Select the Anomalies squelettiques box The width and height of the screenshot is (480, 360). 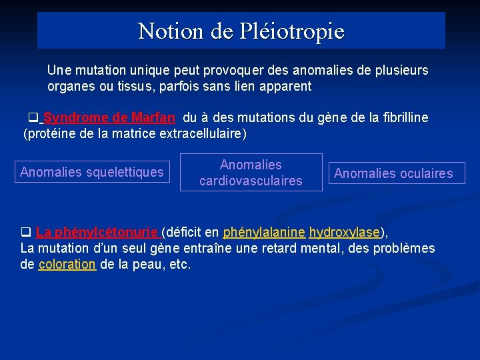tap(92, 173)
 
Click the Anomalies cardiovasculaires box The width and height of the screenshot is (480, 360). tap(251, 173)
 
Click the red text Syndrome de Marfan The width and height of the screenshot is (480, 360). tap(109, 118)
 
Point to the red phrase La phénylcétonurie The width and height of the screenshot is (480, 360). tap(97, 233)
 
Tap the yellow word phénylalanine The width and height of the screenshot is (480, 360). tap(264, 233)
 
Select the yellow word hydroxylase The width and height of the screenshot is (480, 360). tap(345, 233)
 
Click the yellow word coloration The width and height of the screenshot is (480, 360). tap(67, 265)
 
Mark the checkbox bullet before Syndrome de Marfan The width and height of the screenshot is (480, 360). tap(31, 118)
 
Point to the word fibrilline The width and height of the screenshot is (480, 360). tap(401, 118)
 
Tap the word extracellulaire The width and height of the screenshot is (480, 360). tap(197, 134)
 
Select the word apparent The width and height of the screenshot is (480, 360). tap(287, 86)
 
